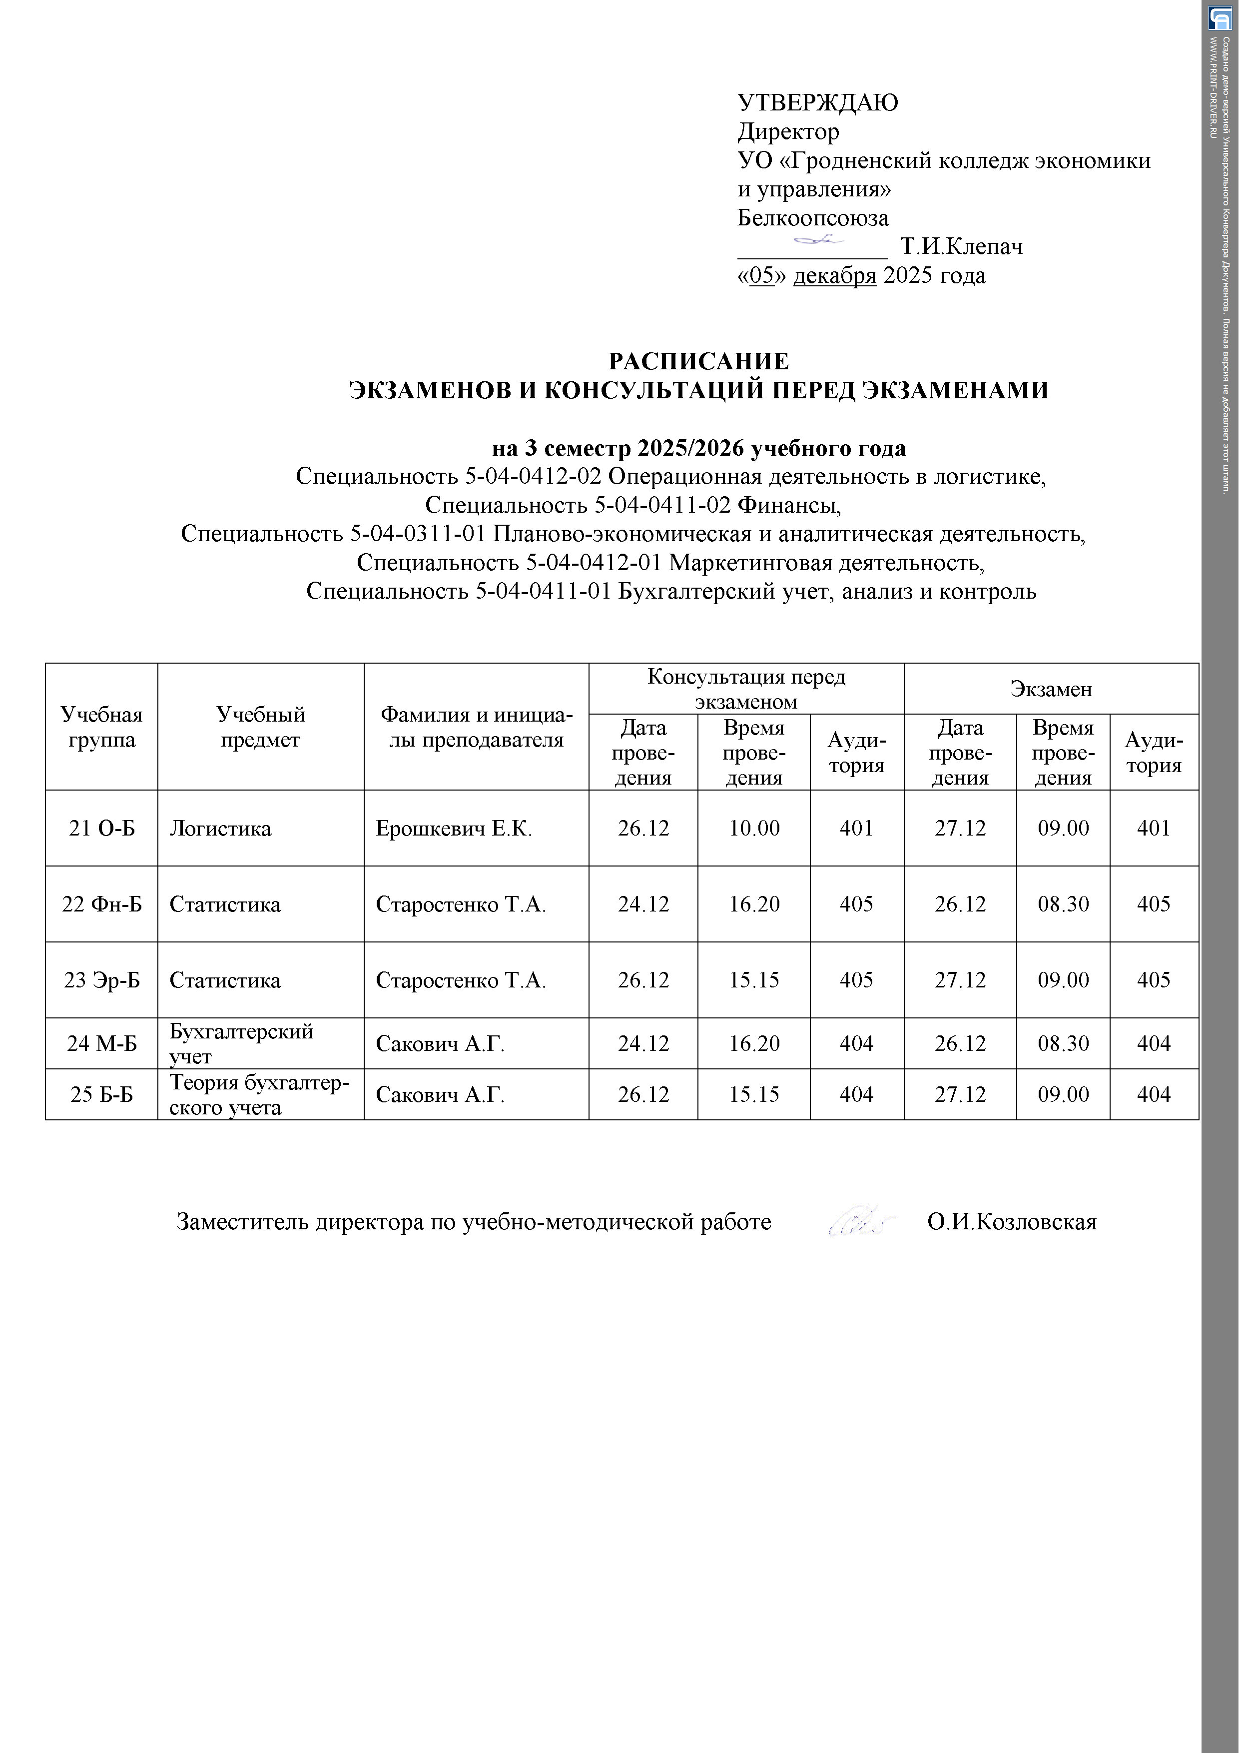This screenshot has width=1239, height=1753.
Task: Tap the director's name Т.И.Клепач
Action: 961,247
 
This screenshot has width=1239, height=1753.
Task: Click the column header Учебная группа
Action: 101,727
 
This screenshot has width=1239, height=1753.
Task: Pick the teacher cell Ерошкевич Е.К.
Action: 454,829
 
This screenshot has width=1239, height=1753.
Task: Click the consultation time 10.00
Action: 753,829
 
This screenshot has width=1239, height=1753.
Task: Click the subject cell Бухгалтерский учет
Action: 241,1044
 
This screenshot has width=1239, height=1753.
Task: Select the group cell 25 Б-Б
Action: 101,1095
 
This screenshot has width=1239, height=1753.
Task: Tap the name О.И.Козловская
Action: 1012,1222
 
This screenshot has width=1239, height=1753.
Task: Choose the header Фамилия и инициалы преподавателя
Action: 476,727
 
